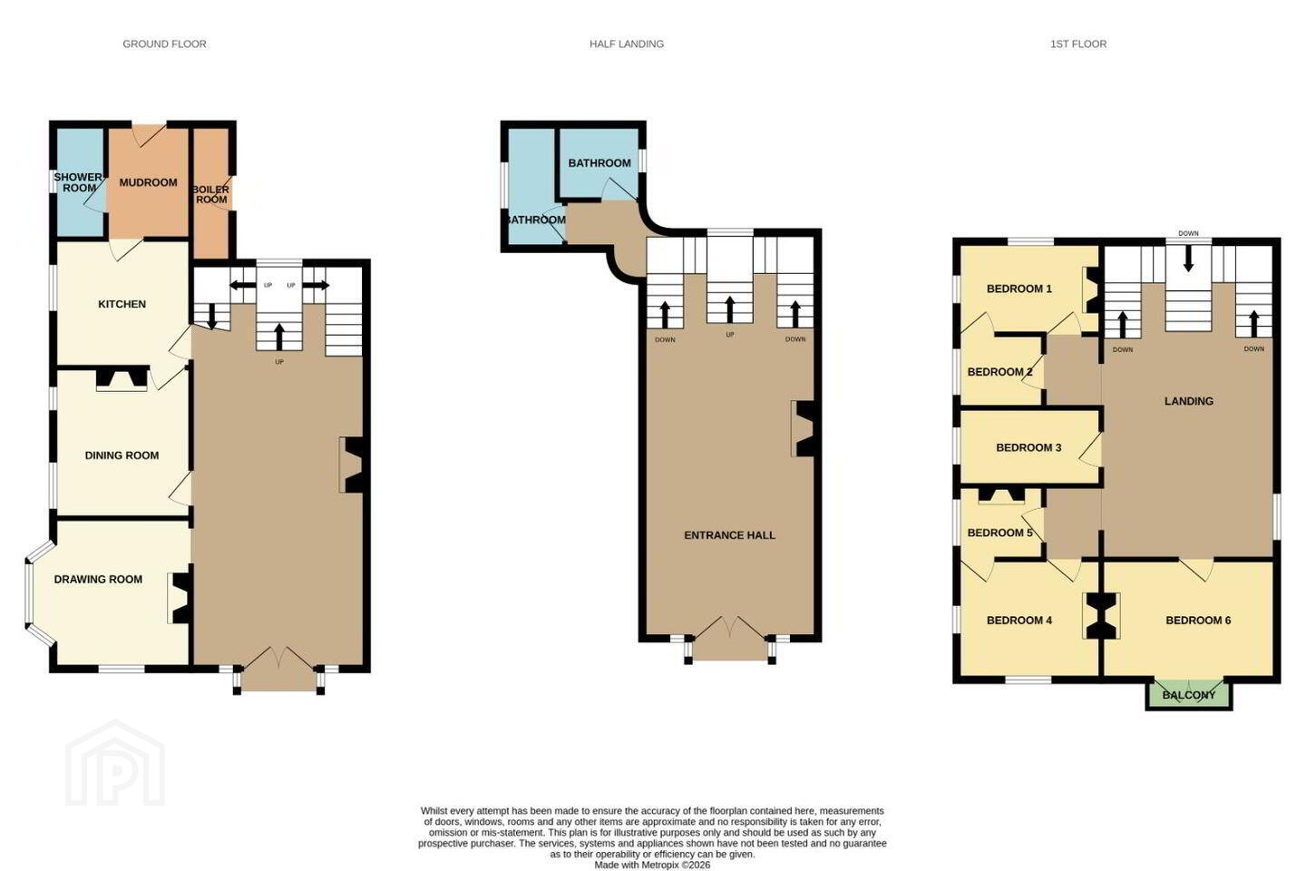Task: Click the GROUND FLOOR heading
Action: click(164, 44)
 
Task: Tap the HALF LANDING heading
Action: click(626, 44)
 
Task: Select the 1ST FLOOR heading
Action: click(1078, 44)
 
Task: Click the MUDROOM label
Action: click(148, 182)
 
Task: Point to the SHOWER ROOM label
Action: click(78, 182)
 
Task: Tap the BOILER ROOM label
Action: click(211, 194)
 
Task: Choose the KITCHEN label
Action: click(122, 304)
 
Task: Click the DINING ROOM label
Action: click(122, 455)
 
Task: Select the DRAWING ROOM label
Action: click(98, 579)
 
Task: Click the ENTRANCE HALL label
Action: click(729, 535)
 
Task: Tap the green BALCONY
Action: click(1189, 694)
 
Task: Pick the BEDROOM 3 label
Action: click(1028, 447)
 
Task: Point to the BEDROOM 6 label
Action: click(1198, 621)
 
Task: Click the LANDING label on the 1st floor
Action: click(1189, 401)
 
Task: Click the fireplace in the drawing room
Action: click(180, 598)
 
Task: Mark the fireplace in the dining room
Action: click(122, 378)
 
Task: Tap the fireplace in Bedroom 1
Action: click(1091, 290)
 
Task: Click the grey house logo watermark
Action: click(115, 764)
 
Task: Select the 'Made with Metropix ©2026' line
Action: click(652, 865)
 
